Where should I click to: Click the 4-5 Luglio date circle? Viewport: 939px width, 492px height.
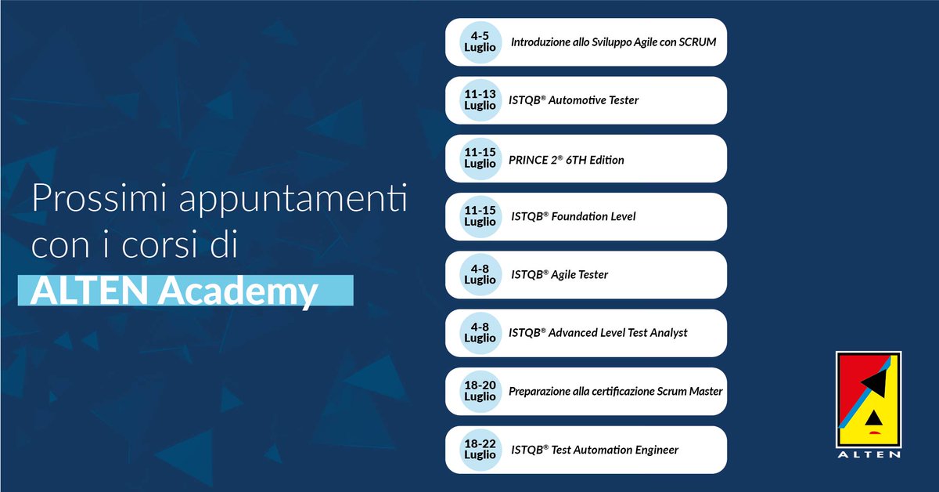point(480,42)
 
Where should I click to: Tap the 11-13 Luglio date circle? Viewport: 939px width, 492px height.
point(480,99)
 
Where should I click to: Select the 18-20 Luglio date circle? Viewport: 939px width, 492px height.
point(480,391)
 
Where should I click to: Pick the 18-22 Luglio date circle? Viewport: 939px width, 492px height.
point(480,449)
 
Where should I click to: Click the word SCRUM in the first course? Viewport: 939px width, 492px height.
point(699,42)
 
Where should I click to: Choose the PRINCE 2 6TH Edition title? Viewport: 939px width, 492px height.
point(567,160)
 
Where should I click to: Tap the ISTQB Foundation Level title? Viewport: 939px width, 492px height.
point(573,216)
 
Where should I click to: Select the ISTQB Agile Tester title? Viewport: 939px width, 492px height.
point(559,274)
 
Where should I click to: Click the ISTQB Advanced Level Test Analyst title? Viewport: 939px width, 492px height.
point(598,333)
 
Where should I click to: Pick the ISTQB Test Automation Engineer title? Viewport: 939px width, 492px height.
point(594,450)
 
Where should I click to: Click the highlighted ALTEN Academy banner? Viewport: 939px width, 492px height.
point(185,291)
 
